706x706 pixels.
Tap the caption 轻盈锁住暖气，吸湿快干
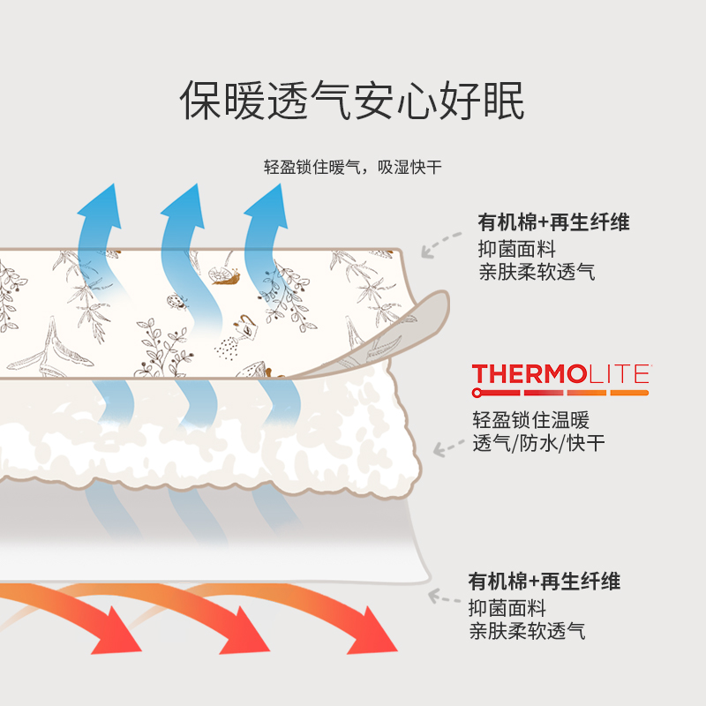[x=352, y=167]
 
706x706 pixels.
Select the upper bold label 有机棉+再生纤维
[x=553, y=222]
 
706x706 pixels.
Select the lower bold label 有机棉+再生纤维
[x=544, y=582]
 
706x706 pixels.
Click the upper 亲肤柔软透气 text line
[x=537, y=272]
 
